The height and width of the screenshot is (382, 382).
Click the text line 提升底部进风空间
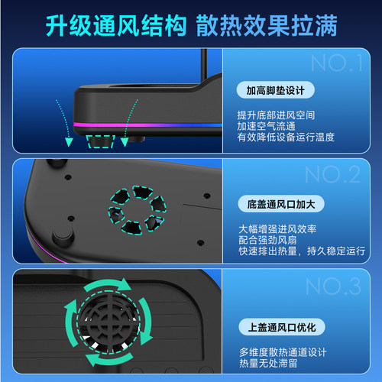274,114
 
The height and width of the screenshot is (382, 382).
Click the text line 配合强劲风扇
264,238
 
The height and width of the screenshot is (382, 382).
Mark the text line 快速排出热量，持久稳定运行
300,250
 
